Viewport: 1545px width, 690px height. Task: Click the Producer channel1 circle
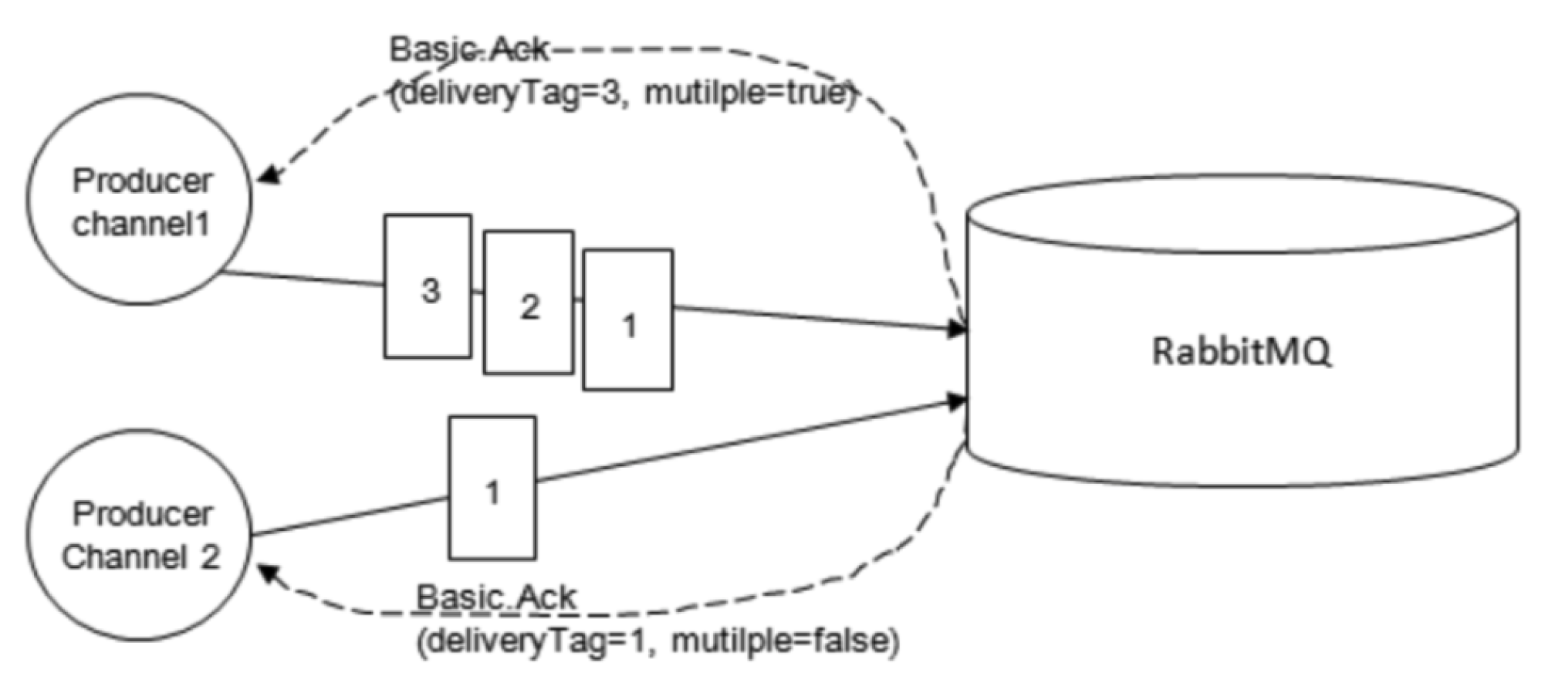140,199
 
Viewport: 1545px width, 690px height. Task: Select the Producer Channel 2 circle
140,535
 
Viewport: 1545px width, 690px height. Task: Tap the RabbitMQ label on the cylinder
1242,352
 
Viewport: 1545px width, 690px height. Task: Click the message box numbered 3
428,286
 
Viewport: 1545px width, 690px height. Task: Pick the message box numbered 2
529,303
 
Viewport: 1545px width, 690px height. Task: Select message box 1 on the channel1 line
628,320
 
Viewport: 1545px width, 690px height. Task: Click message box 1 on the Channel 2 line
492,488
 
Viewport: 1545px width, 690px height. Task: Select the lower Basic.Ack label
496,597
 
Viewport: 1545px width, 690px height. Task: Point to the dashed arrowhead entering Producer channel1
267,177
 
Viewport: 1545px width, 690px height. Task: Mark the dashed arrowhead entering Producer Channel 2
267,573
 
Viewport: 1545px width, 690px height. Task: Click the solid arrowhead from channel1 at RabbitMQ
957,330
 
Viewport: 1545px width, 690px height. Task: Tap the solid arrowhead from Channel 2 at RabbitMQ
957,402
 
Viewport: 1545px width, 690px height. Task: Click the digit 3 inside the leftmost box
431,291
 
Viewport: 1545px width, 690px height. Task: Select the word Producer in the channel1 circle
142,181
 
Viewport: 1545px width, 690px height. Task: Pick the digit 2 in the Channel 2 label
210,556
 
